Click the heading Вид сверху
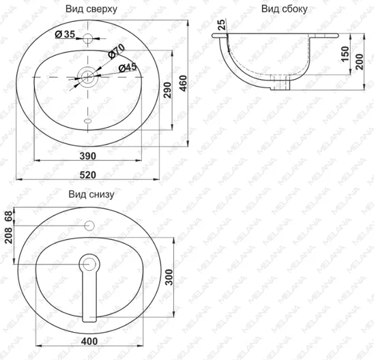point(91,9)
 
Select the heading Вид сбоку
point(285,9)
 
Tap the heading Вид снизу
point(91,194)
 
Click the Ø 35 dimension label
point(65,35)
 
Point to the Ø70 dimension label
point(116,50)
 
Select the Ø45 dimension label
point(128,67)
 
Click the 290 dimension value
point(168,90)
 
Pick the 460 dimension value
point(184,83)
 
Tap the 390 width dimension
point(88,156)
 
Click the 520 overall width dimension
point(88,175)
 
